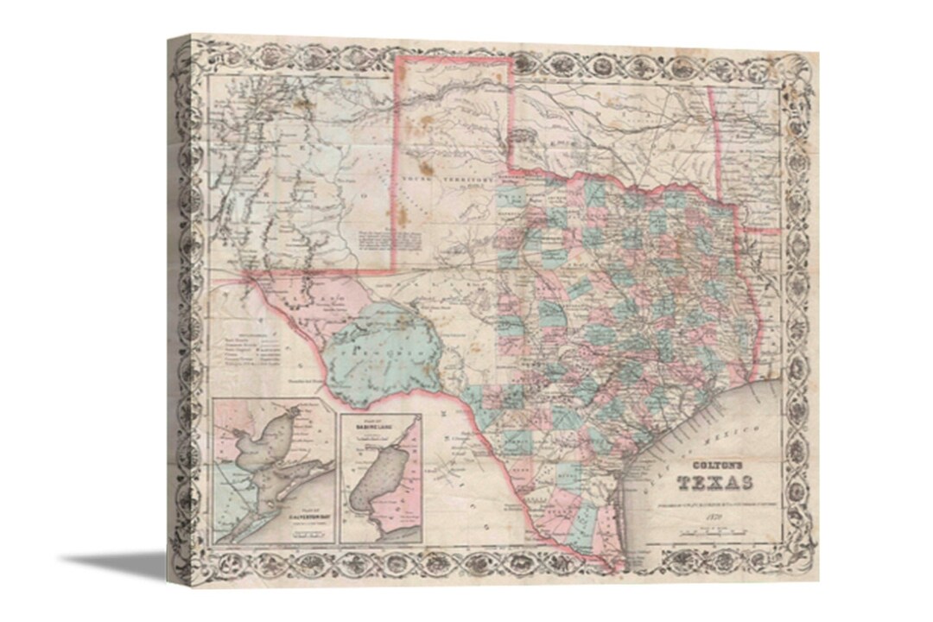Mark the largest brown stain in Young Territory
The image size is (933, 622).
coord(426,168)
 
